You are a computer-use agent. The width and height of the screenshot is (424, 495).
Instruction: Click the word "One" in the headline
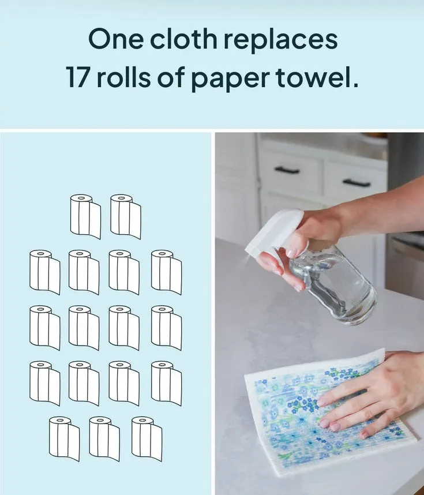[x=115, y=39]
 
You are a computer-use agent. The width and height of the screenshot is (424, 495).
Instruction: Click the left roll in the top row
[x=85, y=216]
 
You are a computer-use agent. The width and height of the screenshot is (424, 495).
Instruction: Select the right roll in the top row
[x=126, y=216]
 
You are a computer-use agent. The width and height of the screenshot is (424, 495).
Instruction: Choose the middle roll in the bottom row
[x=104, y=438]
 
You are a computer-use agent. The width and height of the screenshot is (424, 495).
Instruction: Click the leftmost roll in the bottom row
[x=65, y=438]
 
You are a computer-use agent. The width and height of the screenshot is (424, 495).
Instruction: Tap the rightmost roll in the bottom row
[x=147, y=438]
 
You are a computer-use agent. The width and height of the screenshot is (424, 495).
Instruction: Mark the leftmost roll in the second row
[x=45, y=272]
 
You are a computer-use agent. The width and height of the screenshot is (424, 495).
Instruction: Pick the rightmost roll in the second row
[x=166, y=272]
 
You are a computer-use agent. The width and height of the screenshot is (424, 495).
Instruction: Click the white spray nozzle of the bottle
[x=273, y=234]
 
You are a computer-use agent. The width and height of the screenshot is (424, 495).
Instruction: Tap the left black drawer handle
[x=287, y=170]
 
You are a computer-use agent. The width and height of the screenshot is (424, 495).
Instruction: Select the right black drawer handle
[x=357, y=183]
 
